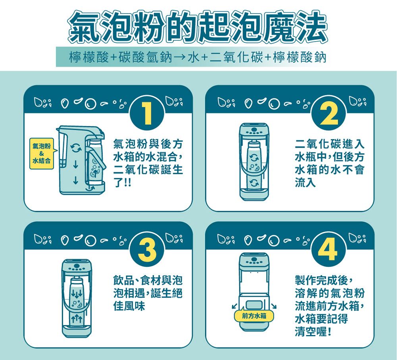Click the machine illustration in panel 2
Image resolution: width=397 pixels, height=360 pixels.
[254, 160]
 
